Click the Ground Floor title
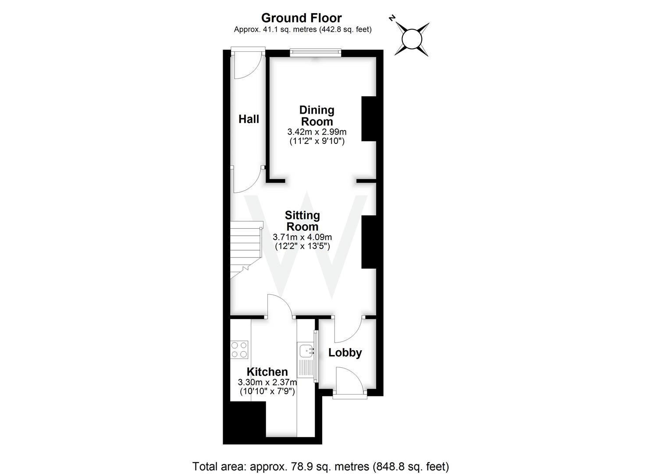(301, 18)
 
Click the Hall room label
(249, 119)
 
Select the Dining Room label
(317, 115)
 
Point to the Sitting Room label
(302, 221)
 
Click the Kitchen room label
(267, 372)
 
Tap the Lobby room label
(345, 352)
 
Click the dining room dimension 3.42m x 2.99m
(317, 132)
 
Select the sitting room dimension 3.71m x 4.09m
(302, 237)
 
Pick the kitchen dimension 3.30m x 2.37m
(267, 382)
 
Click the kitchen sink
(306, 351)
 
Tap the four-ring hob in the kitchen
(239, 350)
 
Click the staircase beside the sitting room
(245, 248)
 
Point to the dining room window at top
(315, 52)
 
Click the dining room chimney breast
(369, 118)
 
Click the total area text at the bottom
(320, 466)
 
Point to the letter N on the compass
(392, 18)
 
